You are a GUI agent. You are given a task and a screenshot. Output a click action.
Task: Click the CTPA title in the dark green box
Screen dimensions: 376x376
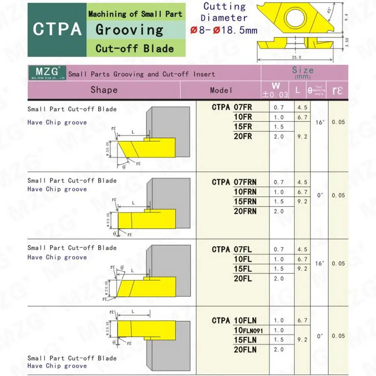pos(57,29)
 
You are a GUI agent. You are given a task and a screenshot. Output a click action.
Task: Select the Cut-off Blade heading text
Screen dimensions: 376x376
pos(135,48)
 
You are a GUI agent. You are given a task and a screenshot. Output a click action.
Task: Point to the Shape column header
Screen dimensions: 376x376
pos(104,90)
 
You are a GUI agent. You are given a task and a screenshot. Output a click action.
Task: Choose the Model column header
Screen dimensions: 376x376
pos(221,90)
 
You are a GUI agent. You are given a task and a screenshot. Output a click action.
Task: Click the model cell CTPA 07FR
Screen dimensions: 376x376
pos(232,108)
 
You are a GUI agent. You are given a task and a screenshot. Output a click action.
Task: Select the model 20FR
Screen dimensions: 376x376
pos(243,136)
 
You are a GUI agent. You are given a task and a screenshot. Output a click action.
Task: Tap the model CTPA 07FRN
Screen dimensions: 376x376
pos(234,182)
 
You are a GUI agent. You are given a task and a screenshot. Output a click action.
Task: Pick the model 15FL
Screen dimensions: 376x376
pos(243,269)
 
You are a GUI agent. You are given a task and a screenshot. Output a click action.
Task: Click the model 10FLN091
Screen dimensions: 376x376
pos(248,331)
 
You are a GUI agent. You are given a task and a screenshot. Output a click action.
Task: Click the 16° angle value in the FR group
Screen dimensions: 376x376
pos(320,122)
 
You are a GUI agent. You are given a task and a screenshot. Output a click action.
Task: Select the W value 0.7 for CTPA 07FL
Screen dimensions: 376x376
pos(279,249)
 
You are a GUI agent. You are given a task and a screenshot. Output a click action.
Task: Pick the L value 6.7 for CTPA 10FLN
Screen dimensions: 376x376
pos(303,320)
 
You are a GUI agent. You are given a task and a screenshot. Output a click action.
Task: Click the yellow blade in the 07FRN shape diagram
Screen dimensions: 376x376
pos(147,218)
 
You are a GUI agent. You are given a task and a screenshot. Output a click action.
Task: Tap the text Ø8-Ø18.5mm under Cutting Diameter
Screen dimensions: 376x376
pos(224,30)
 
